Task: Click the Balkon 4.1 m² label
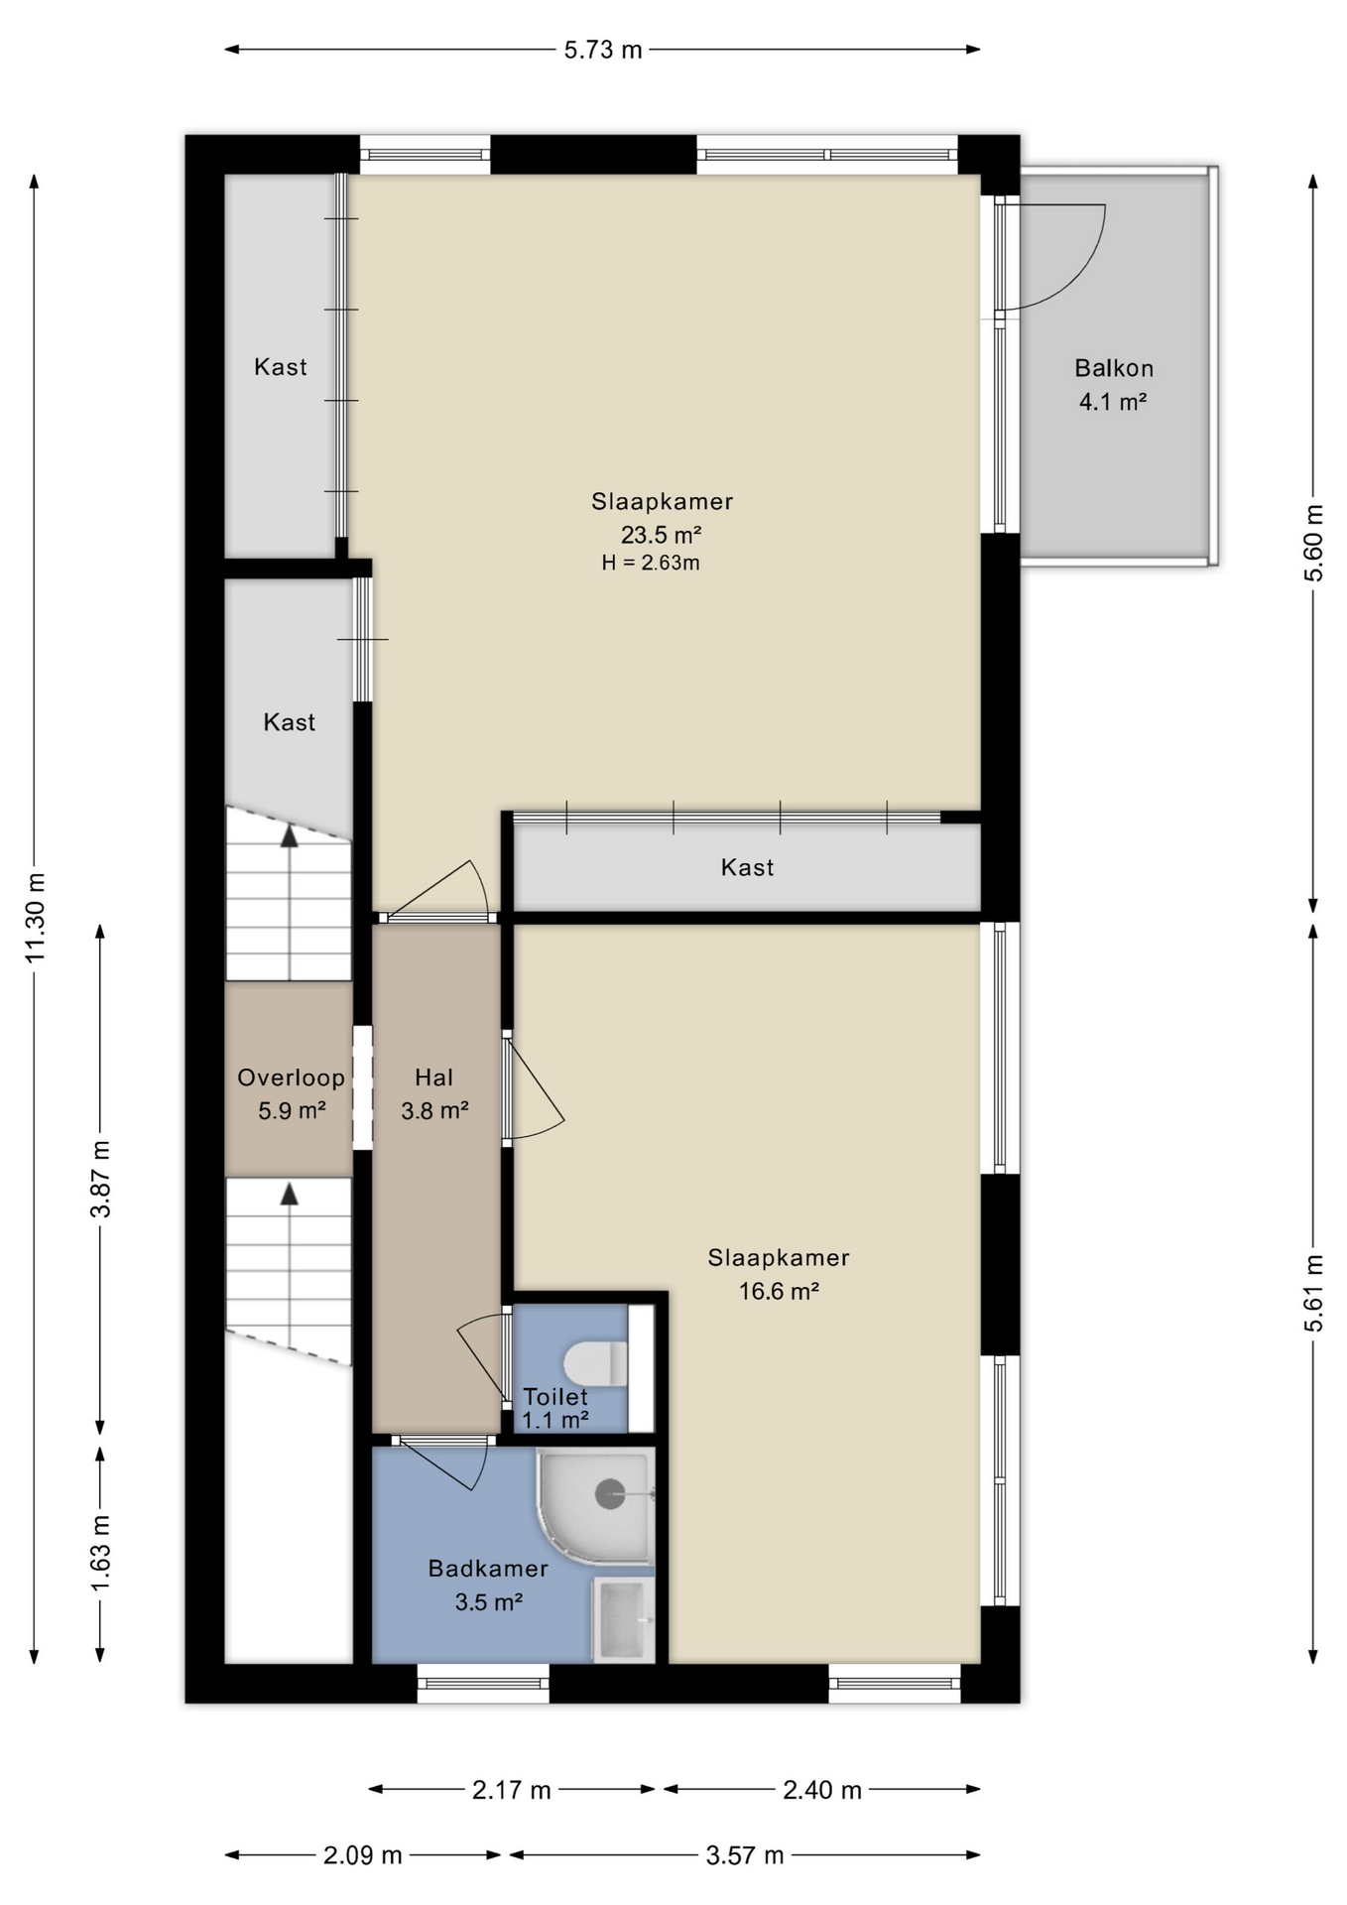point(1114,385)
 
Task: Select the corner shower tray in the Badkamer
point(595,1507)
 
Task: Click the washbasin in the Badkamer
point(624,1619)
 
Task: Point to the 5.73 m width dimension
point(603,50)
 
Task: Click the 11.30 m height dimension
point(36,917)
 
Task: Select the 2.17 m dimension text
point(511,1790)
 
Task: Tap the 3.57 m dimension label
point(745,1854)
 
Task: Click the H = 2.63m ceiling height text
point(651,564)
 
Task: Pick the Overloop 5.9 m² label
point(291,1094)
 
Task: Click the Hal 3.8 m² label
point(434,1094)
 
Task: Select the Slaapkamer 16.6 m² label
point(779,1274)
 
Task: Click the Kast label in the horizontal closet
point(747,867)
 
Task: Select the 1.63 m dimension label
point(101,1552)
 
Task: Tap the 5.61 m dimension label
point(1313,1294)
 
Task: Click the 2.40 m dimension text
point(822,1790)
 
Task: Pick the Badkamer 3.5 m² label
point(488,1585)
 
